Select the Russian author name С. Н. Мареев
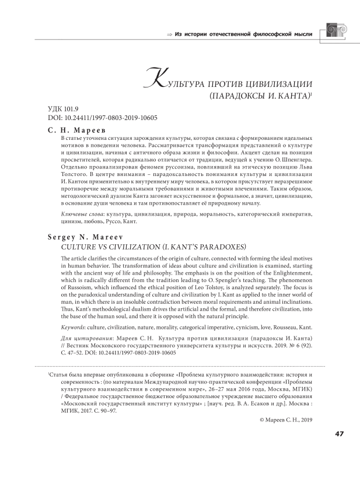(76, 130)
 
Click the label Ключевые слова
(79, 215)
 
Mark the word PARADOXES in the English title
(204, 247)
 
